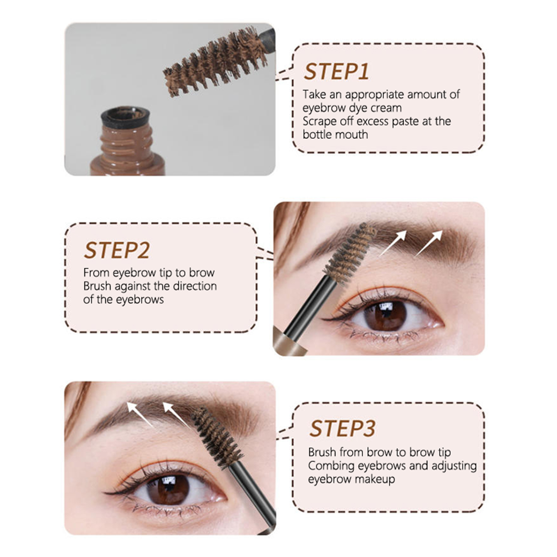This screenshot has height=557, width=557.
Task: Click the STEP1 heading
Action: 336,72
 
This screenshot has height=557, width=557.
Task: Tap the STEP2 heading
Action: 117,250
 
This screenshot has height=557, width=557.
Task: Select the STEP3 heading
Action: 343,429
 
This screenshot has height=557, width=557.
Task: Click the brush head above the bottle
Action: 215,62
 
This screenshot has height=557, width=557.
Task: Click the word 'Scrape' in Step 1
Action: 320,121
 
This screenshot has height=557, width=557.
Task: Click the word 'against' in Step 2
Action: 133,286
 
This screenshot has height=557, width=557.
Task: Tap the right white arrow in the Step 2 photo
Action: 429,243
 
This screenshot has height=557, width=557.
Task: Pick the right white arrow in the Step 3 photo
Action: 177,414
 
